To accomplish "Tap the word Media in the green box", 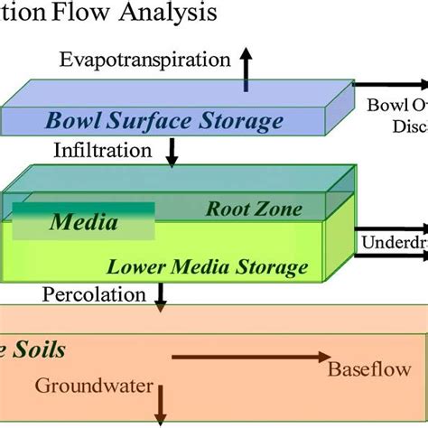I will coord(84,221).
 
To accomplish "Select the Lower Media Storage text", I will coord(208,267).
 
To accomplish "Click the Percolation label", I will coord(94,294).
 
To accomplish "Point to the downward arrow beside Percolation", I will coord(162,297).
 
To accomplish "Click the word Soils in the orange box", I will coord(39,349).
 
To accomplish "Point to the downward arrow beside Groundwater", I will coord(162,397).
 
